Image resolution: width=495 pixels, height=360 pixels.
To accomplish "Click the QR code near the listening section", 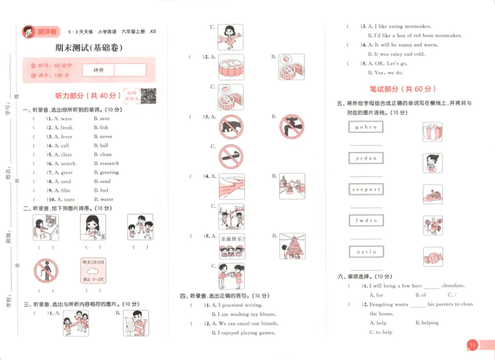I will [x=148, y=95].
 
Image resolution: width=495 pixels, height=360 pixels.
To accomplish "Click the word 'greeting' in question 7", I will [x=109, y=173].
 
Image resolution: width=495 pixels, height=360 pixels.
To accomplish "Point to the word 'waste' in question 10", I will [x=106, y=200].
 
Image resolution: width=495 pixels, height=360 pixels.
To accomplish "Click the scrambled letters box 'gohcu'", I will [x=366, y=127].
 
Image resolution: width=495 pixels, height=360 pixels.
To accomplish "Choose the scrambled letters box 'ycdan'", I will [x=366, y=158].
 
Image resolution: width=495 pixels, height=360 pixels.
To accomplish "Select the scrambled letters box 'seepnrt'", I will [x=366, y=189].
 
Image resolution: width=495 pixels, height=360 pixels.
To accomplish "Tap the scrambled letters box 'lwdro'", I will [x=366, y=220].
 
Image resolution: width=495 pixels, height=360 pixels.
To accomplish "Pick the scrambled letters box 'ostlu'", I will [x=366, y=252].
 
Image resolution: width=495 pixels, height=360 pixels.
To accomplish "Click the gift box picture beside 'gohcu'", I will [x=431, y=131].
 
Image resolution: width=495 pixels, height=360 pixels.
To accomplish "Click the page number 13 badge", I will [x=473, y=345].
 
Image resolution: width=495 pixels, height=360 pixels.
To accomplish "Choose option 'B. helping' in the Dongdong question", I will [x=427, y=323].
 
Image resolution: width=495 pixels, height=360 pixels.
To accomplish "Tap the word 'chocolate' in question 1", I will [x=453, y=286].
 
